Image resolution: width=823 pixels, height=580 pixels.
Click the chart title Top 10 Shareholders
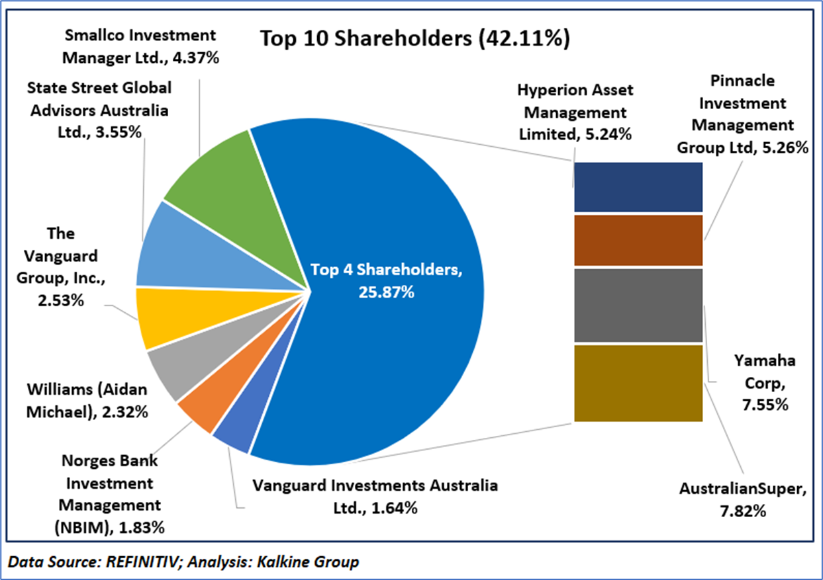coord(415,38)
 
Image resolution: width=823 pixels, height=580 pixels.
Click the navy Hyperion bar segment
coord(638,187)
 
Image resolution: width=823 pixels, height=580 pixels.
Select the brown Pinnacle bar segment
coord(638,240)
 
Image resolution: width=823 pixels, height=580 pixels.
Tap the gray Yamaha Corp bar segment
coord(638,305)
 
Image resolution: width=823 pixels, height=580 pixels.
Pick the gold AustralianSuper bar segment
coord(638,383)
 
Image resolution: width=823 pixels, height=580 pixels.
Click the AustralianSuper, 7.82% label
coord(742,501)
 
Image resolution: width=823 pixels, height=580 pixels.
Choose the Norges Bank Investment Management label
coord(110,494)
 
